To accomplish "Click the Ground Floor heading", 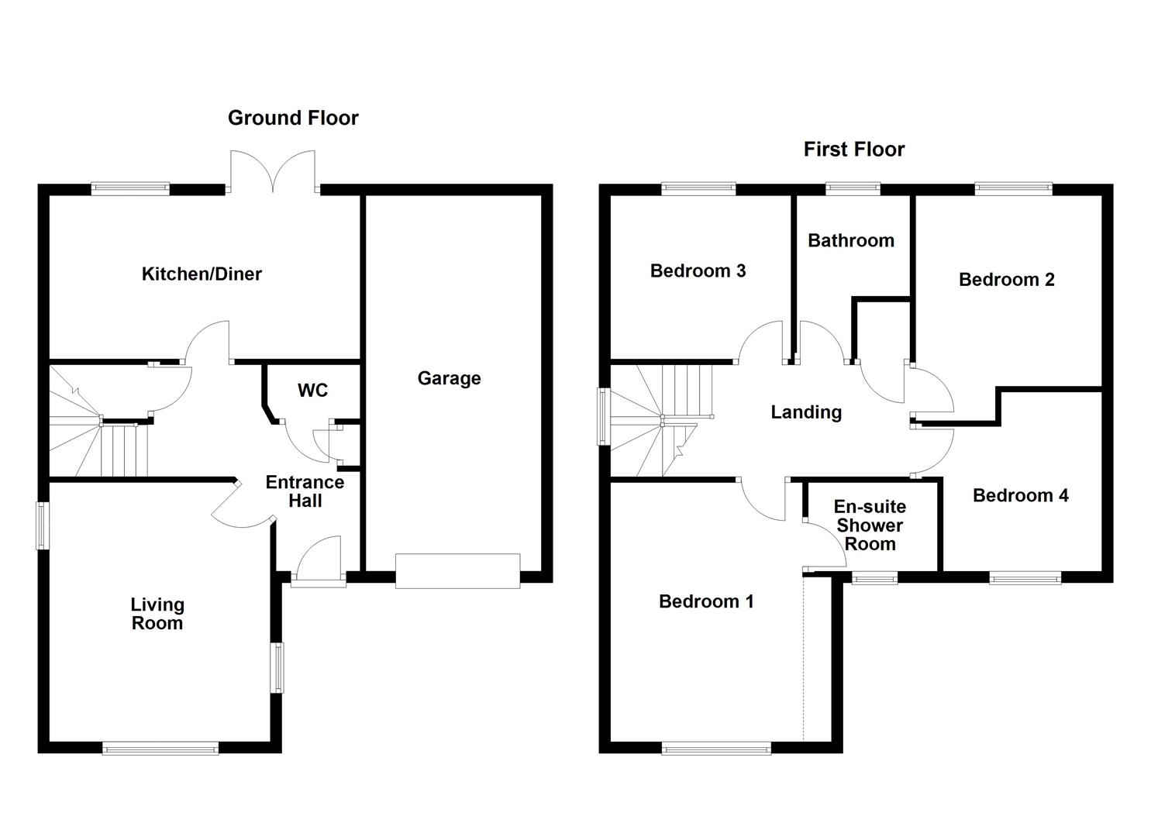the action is pos(293,118).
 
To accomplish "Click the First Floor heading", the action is pos(854,150).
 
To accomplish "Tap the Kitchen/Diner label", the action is pos(202,274).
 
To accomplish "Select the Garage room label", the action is pos(449,379).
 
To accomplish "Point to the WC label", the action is pos(312,391).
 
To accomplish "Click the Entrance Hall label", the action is pos(305,491).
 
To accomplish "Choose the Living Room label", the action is pos(157,614).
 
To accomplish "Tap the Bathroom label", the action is pos(851,240).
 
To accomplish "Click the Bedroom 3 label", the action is pos(698,270).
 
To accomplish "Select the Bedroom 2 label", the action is pos(1007,280).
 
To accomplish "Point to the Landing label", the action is pos(806,412).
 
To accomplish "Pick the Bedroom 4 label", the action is pos(1021,495).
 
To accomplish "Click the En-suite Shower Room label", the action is pos(870,525).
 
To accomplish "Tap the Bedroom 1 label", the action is pos(706,601).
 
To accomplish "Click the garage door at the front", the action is pos(458,571).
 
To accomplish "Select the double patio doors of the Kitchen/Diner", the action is pos(273,171).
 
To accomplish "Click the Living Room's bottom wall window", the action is pos(161,748).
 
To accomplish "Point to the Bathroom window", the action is pos(853,189).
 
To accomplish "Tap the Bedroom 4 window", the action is pos(1025,578).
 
